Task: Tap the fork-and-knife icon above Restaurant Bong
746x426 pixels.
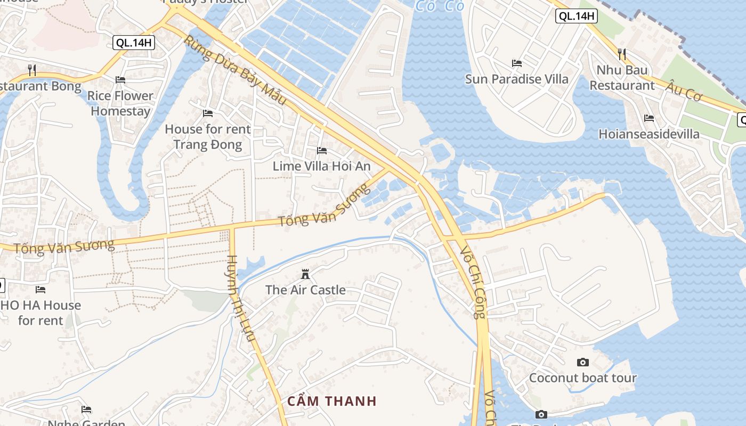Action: [x=32, y=69]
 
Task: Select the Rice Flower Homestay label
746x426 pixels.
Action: [x=120, y=103]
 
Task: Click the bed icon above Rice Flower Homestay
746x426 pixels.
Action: [x=120, y=80]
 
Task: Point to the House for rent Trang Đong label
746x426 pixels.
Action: [x=208, y=136]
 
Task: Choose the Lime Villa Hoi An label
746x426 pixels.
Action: [x=321, y=166]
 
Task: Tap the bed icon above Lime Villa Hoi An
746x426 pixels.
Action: [x=322, y=151]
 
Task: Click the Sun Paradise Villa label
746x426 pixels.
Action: [x=517, y=79]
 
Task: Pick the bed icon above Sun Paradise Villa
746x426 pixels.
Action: [x=517, y=63]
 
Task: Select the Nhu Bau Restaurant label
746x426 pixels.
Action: [x=622, y=78]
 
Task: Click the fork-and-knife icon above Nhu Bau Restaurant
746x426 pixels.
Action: [x=622, y=54]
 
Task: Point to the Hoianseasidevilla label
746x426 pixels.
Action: [x=649, y=134]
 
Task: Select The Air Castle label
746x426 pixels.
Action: [x=305, y=290]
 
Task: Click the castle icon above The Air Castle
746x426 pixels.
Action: [x=305, y=274]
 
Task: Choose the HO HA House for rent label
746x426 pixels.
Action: [x=41, y=313]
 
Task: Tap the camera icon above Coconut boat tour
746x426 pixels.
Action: [x=583, y=363]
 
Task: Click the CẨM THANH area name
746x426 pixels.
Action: [x=332, y=401]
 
